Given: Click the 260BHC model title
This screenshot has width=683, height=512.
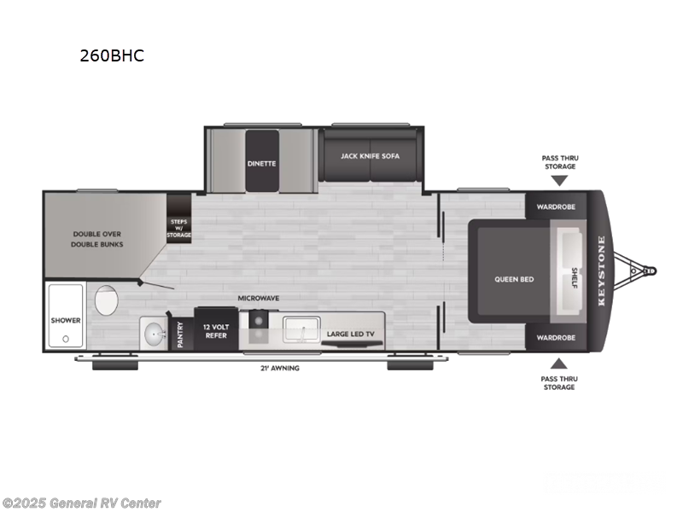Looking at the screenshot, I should [x=111, y=56].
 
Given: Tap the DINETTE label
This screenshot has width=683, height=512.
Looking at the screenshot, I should [x=262, y=163].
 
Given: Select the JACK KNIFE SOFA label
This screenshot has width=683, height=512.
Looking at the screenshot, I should [x=370, y=156].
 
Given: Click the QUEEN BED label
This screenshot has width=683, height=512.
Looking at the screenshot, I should [x=514, y=279].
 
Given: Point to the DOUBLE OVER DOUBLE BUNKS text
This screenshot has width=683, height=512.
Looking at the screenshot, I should [x=97, y=238].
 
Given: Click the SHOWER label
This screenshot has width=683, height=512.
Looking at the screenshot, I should [x=65, y=321].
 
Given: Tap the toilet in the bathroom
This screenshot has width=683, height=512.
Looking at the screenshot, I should [x=107, y=301].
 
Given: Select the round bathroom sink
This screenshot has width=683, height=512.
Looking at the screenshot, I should [x=153, y=332].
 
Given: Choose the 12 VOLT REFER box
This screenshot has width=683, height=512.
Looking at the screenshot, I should [x=216, y=331].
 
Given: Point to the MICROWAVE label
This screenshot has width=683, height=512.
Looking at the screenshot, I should [x=259, y=298].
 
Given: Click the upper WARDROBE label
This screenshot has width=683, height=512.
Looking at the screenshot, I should [x=555, y=207].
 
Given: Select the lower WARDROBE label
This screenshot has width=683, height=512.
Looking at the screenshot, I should [x=555, y=337].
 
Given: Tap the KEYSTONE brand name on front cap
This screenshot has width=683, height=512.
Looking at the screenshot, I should [x=601, y=271].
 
